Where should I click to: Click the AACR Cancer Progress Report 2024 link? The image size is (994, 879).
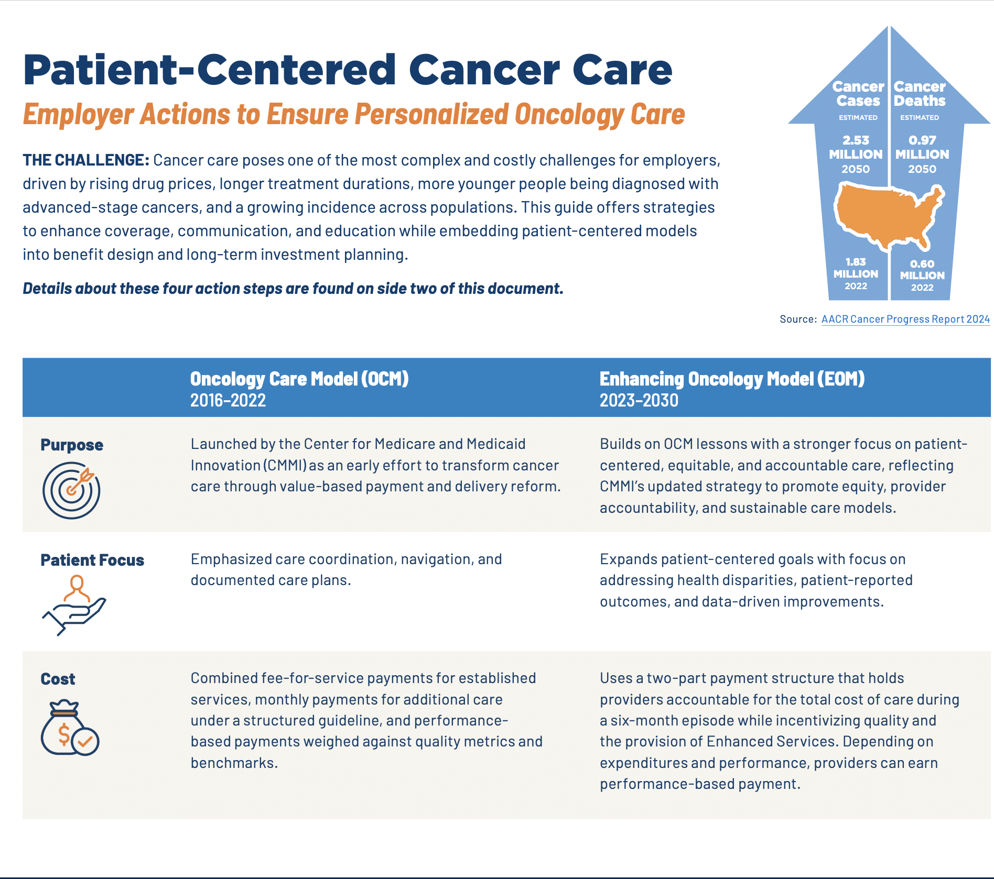pos(905,319)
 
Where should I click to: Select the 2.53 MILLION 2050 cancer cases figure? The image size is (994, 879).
pos(856,155)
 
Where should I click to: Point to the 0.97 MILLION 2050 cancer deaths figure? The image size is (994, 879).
pos(922,155)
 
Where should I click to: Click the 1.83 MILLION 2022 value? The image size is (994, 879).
pos(856,273)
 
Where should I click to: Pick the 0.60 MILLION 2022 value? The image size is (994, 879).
pos(922,275)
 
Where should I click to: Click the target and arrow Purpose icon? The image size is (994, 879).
pos(71,490)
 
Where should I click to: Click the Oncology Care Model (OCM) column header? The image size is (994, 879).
pos(299,379)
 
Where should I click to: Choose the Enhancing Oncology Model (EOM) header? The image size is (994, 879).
pos(732,379)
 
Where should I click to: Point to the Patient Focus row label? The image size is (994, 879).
pos(92,560)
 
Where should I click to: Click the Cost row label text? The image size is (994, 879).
pos(58,679)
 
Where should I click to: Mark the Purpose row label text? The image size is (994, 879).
pos(72,445)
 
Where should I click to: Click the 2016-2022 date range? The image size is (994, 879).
pos(228,400)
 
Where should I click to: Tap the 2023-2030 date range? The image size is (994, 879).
pos(639,400)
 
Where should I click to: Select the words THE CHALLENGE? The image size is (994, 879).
pos(86,160)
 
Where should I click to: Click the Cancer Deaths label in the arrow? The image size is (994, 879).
pos(920,93)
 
